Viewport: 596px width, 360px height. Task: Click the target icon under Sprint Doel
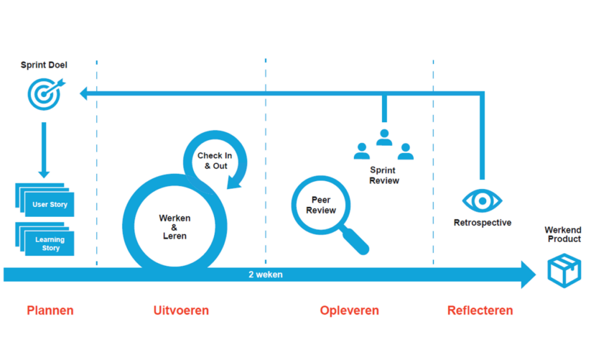click(44, 93)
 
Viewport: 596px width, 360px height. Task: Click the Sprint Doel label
click(44, 65)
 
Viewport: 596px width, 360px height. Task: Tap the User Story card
click(49, 205)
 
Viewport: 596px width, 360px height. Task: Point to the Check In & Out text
click(214, 161)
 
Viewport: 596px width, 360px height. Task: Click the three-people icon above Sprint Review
click(383, 144)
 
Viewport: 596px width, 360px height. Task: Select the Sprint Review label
click(384, 175)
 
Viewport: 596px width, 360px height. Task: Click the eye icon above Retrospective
click(482, 200)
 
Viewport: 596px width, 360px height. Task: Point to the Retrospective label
click(483, 223)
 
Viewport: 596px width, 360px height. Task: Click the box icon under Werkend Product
click(564, 269)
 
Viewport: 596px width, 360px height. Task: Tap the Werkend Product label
click(564, 234)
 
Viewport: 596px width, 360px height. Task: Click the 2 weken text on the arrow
click(266, 274)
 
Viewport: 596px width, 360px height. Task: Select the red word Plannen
click(50, 310)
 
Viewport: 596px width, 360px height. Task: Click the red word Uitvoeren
click(181, 310)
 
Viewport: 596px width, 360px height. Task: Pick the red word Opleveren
click(349, 310)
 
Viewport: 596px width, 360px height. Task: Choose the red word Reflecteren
click(480, 310)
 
